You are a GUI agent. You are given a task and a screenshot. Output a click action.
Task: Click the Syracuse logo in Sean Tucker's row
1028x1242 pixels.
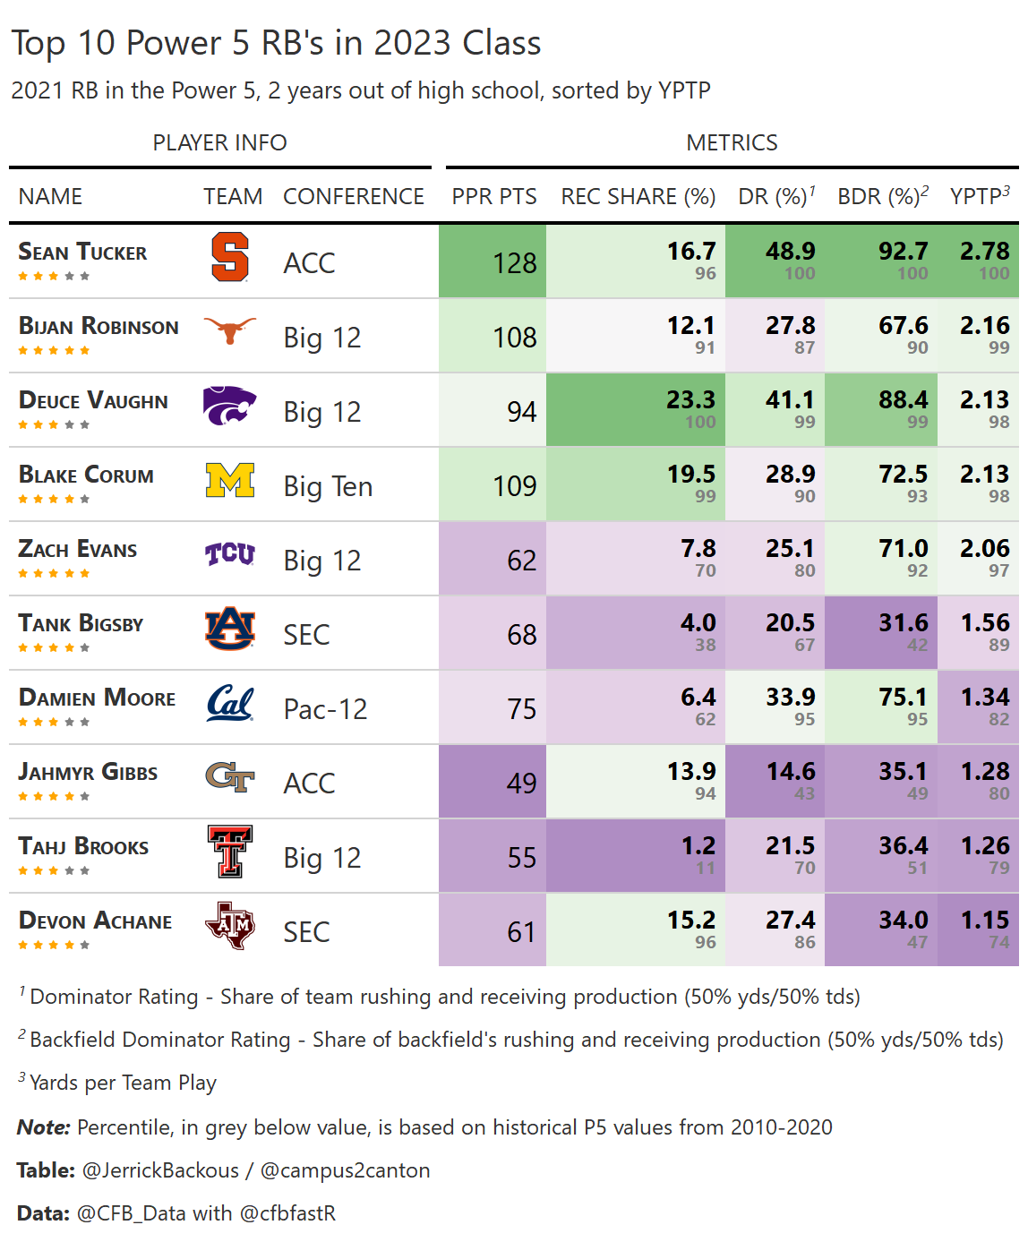tap(230, 258)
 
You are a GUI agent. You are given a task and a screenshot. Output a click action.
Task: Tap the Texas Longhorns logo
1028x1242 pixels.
tap(230, 331)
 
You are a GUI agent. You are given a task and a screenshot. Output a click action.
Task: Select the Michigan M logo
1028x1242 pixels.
tap(230, 481)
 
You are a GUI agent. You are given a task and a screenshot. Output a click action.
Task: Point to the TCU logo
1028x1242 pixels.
tap(230, 555)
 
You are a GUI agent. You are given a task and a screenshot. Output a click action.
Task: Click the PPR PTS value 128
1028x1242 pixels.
tap(514, 263)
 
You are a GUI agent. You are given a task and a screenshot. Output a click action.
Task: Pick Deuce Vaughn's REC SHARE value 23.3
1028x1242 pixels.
tap(690, 400)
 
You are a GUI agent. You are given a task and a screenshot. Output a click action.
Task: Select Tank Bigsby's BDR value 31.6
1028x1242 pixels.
tap(903, 623)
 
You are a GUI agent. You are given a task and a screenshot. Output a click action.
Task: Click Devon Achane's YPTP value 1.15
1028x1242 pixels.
tap(984, 921)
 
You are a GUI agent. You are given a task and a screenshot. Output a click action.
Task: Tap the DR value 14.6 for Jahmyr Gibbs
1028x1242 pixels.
tap(790, 772)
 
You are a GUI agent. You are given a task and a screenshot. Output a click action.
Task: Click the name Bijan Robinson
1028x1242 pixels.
tap(99, 327)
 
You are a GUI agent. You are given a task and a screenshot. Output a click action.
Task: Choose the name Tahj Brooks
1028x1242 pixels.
tap(83, 847)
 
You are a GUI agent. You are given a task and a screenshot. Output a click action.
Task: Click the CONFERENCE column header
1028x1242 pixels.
tap(353, 197)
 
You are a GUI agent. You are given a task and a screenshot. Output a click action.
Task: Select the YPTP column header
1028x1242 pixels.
tap(979, 197)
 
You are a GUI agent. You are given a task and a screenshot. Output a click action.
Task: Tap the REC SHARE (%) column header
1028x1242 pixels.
tap(638, 197)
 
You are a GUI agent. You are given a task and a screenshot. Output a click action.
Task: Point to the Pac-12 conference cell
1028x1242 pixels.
tap(325, 709)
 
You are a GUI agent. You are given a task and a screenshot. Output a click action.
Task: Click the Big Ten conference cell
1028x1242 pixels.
tap(328, 486)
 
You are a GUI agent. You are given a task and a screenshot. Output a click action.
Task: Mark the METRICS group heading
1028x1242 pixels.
tap(732, 143)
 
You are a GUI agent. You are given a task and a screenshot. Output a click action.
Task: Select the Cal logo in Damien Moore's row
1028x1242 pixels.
tap(230, 704)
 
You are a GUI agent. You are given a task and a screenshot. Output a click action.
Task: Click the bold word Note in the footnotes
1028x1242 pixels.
tap(43, 1127)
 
